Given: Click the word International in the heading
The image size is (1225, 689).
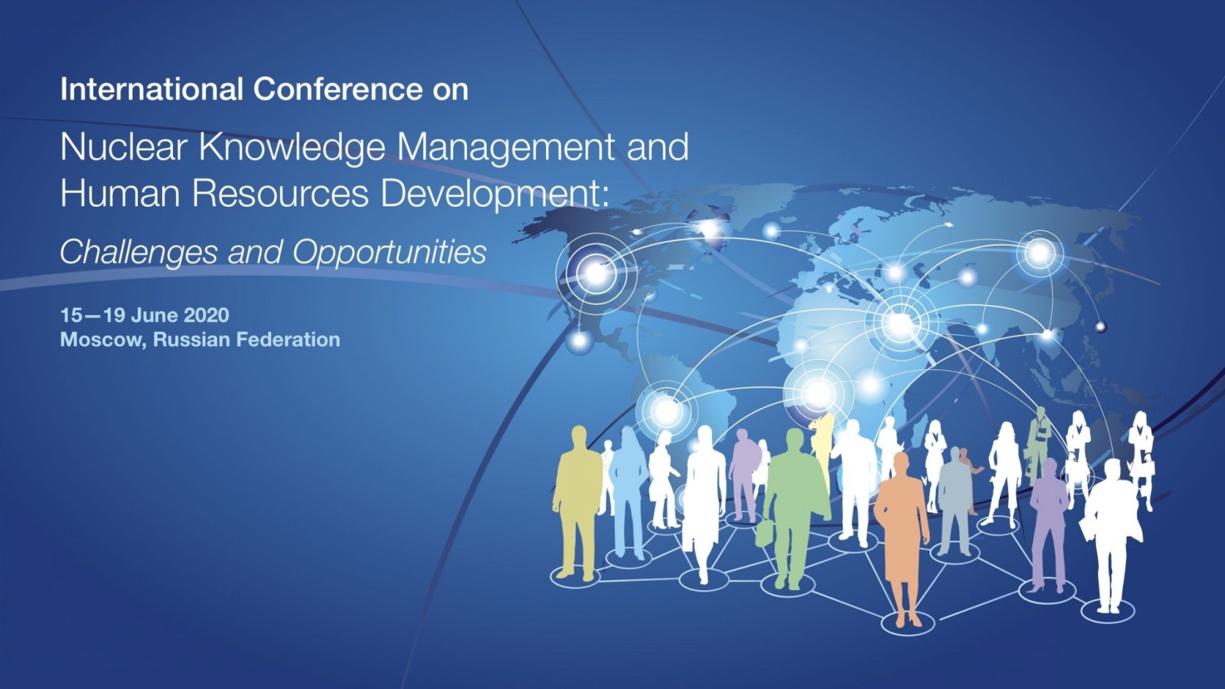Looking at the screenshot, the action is click(152, 89).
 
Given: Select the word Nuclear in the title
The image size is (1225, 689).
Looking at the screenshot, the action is click(126, 147).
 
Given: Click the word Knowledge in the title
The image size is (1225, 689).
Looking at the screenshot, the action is click(293, 148).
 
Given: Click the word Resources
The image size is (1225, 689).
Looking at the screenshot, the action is click(281, 194).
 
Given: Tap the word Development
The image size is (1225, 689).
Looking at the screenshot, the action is click(494, 195).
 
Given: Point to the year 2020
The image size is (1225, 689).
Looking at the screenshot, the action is click(206, 315).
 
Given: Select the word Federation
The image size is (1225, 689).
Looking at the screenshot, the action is click(288, 339).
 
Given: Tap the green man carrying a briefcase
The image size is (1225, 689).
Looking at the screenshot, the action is click(795, 509).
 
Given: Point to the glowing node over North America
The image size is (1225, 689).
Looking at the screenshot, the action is click(596, 273).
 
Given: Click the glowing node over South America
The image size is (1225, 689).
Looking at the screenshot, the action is click(666, 411).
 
